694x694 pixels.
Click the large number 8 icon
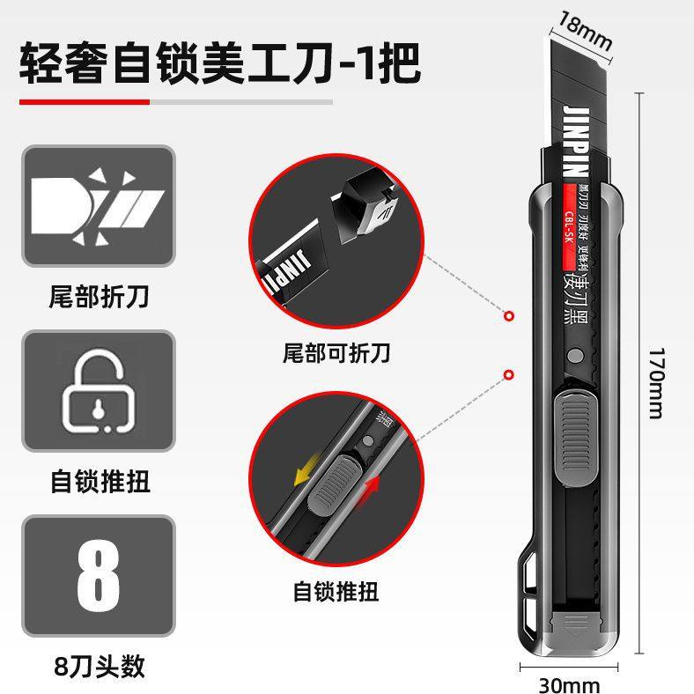point(98,576)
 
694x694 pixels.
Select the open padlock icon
point(98,390)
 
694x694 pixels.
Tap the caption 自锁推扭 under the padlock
point(98,482)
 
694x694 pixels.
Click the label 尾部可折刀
point(336,354)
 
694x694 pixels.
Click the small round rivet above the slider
point(575,356)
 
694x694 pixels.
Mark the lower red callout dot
point(508,375)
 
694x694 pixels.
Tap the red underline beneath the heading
point(85,102)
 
